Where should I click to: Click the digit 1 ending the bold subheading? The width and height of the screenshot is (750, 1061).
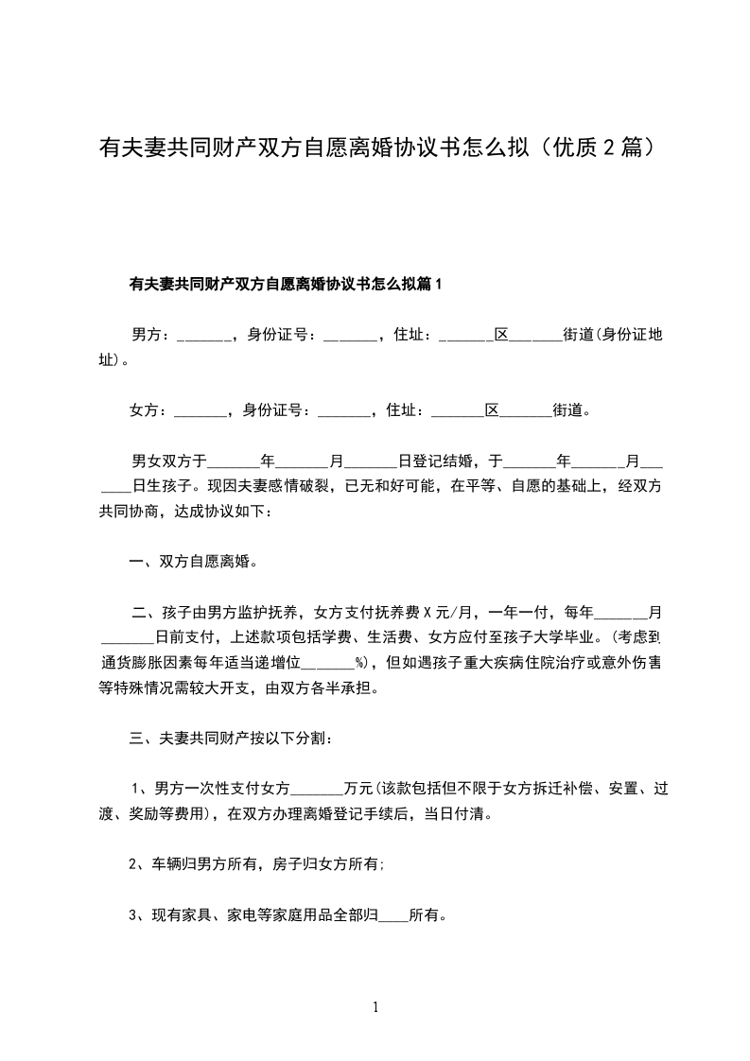[x=438, y=284]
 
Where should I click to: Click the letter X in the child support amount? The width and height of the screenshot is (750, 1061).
[x=427, y=612]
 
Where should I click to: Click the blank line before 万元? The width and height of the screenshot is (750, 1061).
[x=320, y=789]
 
